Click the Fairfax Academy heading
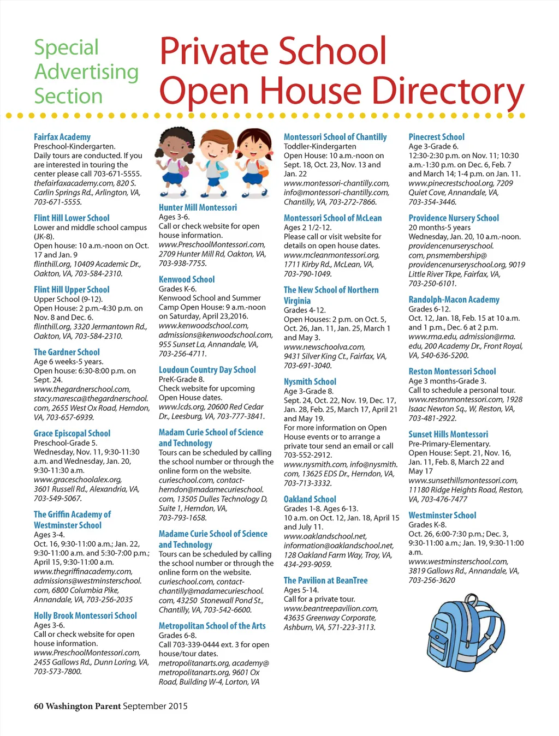coord(62,137)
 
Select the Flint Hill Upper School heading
coord(72,290)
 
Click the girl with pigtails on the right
coord(254,161)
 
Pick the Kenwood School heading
coord(187,279)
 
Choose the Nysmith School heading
coord(310,382)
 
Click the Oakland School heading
coord(310,499)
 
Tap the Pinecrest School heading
coord(437,137)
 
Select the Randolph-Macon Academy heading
coord(454,300)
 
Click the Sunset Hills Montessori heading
coord(448,434)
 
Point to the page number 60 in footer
coord(38,706)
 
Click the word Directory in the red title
coord(451,91)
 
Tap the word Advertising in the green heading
coord(87,71)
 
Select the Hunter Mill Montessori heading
coord(198,207)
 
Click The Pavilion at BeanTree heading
coord(326,581)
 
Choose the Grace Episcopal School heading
coord(72,434)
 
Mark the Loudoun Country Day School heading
coord(207,370)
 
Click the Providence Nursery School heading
coord(454,218)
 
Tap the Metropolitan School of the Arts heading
coord(212,626)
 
